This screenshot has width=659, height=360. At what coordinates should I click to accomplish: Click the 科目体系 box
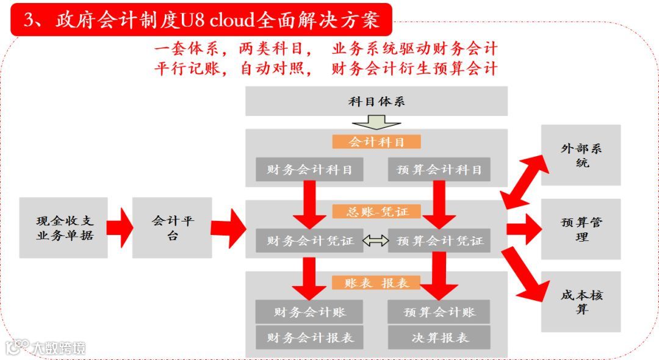376,101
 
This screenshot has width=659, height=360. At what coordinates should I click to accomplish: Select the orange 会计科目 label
376,142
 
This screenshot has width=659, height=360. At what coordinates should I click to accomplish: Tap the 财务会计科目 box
309,170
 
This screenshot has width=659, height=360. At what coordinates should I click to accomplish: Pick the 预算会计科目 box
439,170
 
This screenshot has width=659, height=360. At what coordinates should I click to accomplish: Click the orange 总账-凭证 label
376,212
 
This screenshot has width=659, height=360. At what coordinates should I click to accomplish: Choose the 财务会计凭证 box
309,240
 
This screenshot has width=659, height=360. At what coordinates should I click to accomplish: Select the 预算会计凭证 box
439,240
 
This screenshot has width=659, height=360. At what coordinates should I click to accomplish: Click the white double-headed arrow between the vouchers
375,241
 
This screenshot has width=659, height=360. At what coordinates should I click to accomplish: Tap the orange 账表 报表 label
376,283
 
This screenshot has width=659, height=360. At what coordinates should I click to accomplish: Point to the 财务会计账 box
309,312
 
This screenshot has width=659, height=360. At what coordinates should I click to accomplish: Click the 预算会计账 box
439,312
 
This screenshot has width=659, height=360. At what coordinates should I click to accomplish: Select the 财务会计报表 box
309,337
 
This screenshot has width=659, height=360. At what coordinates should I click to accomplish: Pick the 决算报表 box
439,337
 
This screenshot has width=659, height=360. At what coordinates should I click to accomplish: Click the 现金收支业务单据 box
63,228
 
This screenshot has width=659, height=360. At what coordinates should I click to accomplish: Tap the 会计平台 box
172,228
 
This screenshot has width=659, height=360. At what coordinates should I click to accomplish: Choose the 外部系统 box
581,155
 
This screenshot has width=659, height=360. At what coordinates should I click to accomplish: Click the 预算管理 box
581,229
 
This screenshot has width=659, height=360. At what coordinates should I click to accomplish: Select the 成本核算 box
581,301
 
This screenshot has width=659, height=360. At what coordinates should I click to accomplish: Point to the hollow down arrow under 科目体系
376,122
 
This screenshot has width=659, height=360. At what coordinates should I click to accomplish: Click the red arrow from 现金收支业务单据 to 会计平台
120,228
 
